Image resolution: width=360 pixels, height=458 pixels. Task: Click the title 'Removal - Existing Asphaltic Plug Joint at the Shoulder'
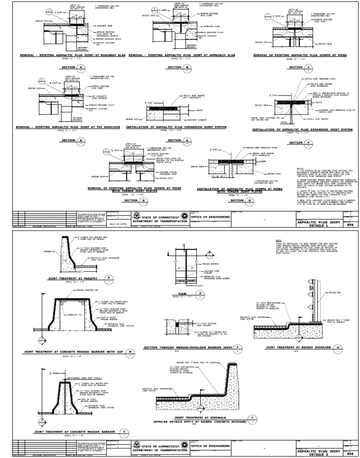pos(69,126)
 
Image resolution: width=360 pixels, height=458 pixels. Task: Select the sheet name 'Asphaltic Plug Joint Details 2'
pos(317,451)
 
